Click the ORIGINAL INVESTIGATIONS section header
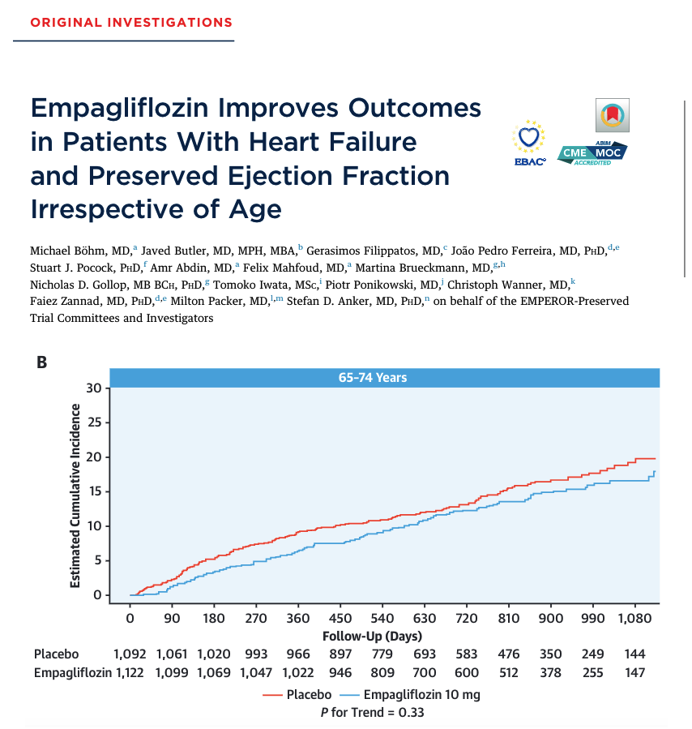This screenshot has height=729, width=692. coord(130,22)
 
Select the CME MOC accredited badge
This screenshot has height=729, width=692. coord(592,152)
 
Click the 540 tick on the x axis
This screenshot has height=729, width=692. coord(382,619)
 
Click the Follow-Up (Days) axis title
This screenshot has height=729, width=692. coord(372,636)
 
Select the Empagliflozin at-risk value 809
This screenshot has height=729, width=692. coord(382,671)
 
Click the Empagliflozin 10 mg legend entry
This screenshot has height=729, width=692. coord(412,694)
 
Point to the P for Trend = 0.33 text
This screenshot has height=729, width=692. coord(372,712)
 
